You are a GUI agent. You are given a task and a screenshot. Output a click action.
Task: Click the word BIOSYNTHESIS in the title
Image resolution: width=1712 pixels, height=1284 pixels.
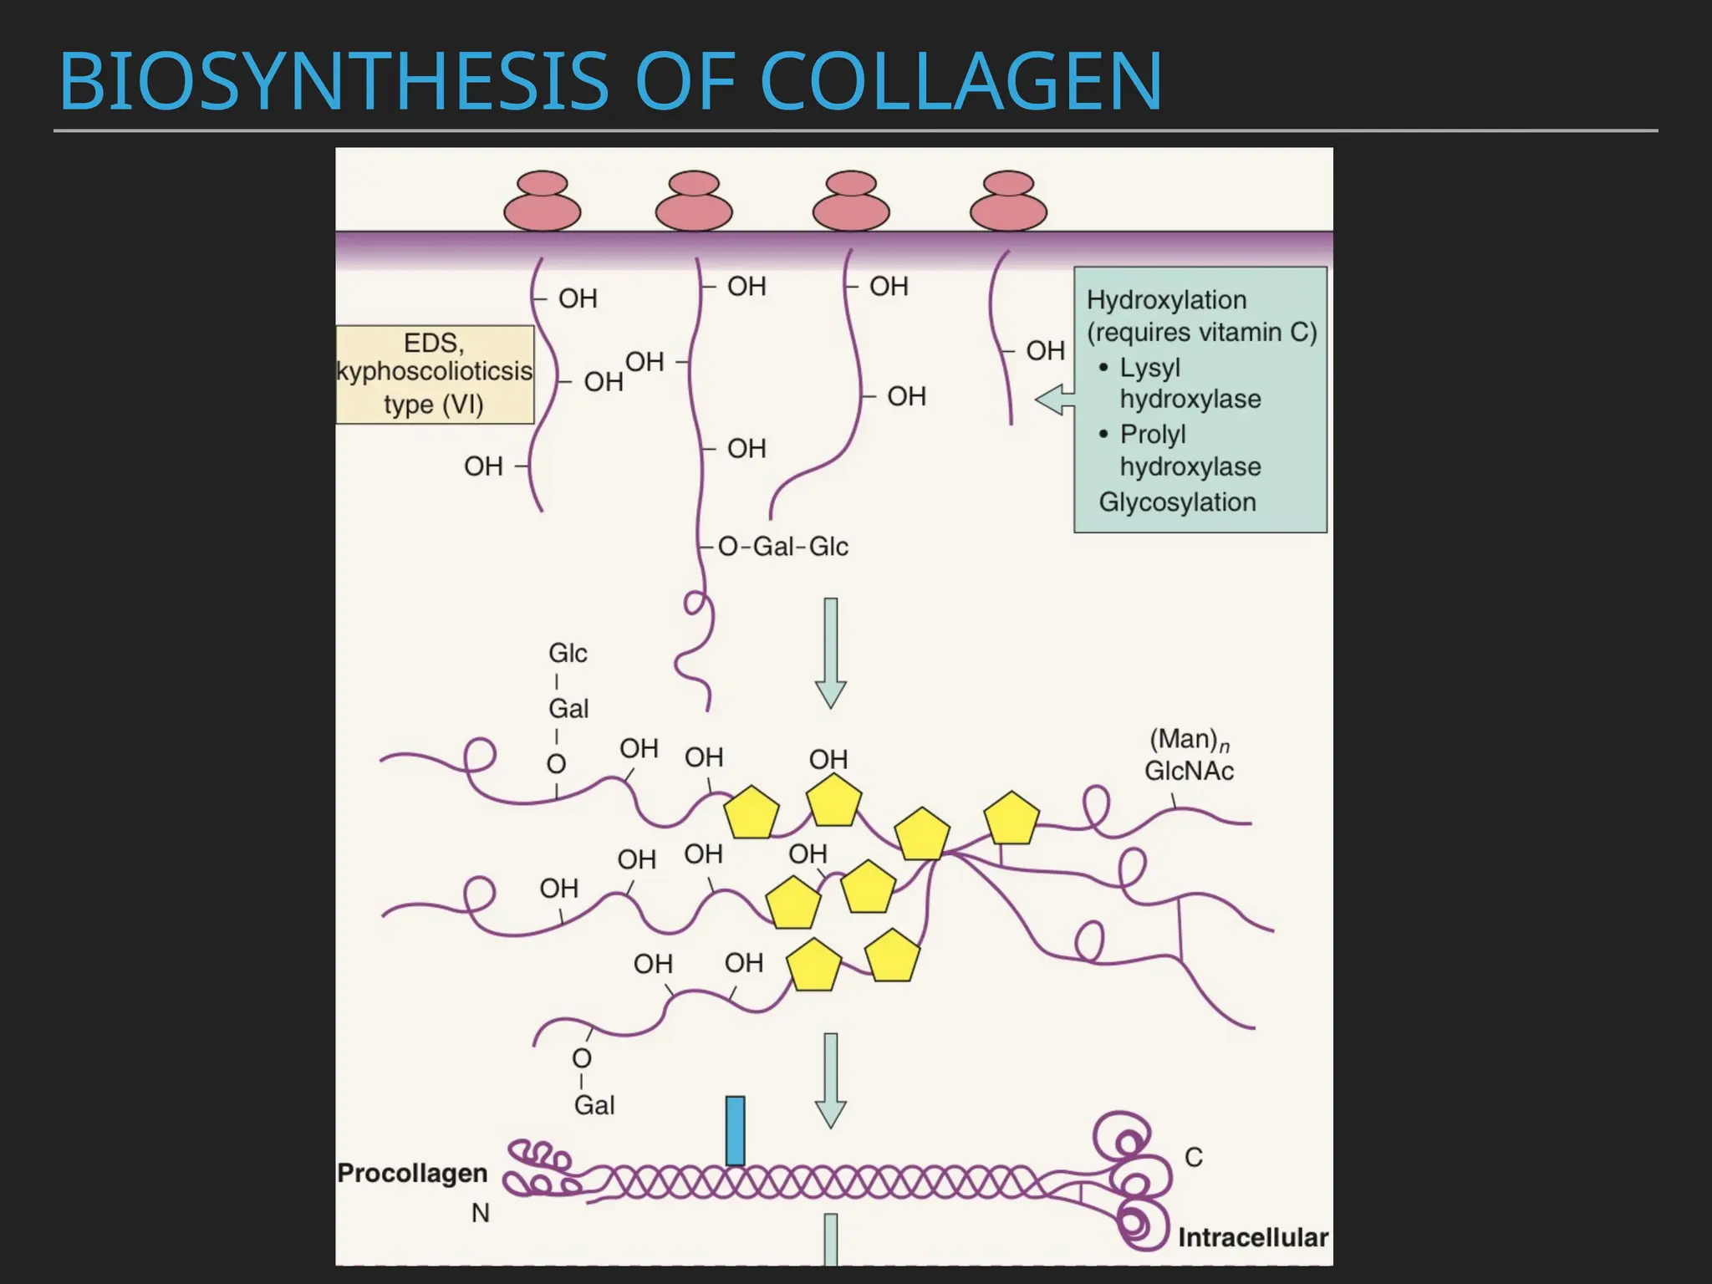334,82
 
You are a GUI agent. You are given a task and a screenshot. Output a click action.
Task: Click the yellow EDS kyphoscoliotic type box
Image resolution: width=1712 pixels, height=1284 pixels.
435,374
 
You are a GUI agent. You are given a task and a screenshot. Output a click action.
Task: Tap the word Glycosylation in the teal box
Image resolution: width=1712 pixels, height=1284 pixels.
1177,502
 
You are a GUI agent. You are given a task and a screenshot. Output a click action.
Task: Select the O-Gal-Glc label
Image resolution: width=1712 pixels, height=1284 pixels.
783,547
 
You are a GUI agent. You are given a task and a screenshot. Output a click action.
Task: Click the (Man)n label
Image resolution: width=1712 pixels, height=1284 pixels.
1189,740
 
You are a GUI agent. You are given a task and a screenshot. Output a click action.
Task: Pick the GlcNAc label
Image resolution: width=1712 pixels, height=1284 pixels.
1189,771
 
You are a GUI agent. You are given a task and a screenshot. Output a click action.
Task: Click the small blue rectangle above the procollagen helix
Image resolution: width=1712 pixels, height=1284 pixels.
735,1130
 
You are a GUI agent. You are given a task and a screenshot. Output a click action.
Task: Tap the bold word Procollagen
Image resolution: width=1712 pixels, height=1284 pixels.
412,1173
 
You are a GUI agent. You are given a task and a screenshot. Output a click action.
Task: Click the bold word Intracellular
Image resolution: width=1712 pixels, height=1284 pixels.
1252,1237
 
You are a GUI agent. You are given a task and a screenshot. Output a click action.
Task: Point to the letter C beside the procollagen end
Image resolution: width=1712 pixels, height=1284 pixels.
1194,1158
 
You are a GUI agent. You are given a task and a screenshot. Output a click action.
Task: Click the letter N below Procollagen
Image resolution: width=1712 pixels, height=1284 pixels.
480,1213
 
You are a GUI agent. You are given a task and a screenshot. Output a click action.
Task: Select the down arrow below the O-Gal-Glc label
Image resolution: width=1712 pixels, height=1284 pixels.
830,653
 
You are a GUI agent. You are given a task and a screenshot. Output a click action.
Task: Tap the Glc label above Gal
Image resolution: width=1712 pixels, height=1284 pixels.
568,653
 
